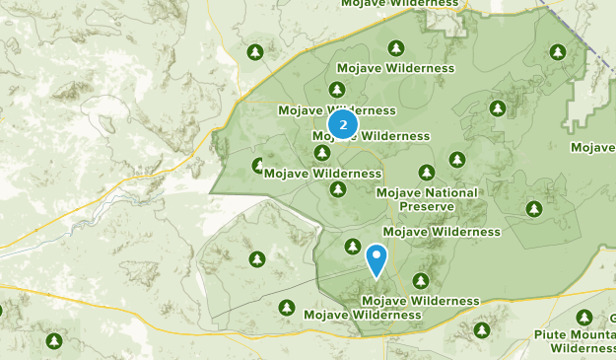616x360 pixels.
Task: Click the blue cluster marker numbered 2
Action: [342, 125]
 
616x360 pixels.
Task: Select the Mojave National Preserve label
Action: [427, 199]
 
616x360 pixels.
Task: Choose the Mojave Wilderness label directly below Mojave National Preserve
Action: [442, 232]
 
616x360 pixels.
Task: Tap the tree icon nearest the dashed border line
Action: [558, 51]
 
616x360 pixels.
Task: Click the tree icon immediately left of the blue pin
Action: [352, 246]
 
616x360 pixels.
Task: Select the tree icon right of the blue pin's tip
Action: [421, 281]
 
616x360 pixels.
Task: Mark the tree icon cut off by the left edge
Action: [2, 311]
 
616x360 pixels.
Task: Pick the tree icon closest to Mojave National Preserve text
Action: [427, 172]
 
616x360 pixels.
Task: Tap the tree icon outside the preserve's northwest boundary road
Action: [255, 51]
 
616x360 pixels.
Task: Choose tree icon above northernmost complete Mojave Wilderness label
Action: [396, 47]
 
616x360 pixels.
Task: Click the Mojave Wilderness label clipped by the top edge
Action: [400, 4]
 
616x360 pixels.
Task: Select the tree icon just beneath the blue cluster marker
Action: [321, 153]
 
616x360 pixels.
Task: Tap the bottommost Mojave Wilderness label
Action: [362, 315]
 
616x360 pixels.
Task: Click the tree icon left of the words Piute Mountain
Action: [482, 329]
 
